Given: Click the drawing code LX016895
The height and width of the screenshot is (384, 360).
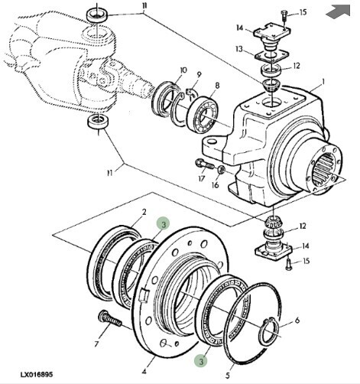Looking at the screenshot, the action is (37, 375).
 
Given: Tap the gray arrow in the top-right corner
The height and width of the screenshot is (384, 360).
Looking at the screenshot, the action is (338, 11).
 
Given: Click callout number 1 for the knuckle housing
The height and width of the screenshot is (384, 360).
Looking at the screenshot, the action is (323, 82).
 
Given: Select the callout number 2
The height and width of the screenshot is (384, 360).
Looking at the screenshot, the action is (144, 212).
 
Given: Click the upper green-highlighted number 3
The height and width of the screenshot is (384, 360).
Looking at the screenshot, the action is (164, 224).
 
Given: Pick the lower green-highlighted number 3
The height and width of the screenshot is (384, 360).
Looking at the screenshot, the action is (201, 361).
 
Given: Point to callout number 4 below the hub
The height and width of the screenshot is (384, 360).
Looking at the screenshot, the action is (144, 371).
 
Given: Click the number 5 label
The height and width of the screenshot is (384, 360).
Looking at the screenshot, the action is (228, 375).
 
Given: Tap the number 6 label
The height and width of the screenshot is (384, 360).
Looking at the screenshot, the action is (297, 321).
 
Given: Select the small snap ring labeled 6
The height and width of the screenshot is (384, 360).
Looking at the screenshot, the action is (270, 331).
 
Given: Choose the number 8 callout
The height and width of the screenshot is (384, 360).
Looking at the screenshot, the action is (217, 86).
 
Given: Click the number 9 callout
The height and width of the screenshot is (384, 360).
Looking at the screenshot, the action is (199, 74).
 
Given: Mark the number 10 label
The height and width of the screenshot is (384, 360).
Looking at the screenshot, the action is (183, 70).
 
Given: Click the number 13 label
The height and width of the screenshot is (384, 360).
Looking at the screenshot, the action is (239, 49).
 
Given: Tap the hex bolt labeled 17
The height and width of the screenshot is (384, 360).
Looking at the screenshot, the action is (205, 164).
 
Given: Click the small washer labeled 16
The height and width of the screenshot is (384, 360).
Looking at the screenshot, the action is (221, 170).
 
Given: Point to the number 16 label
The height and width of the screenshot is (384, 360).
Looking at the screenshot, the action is (216, 184).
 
